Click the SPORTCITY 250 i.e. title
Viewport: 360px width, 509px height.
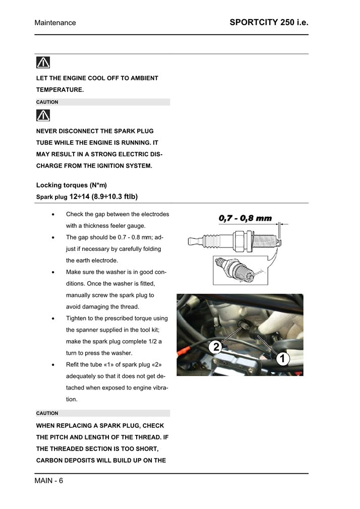click(269, 22)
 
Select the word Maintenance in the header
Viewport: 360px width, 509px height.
click(55, 23)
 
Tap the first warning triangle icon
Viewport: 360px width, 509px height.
click(43, 62)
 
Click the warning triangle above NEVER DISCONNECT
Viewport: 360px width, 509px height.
click(43, 116)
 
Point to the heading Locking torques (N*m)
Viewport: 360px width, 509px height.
click(72, 185)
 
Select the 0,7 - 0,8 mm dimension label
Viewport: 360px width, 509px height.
click(245, 218)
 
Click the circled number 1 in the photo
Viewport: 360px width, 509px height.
click(282, 359)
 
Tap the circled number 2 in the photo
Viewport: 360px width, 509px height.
click(216, 346)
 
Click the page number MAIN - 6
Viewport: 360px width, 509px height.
click(49, 480)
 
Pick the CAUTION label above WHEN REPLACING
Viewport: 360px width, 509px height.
click(47, 413)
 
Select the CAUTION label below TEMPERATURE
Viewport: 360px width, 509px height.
click(47, 102)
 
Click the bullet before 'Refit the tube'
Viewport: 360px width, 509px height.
click(54, 365)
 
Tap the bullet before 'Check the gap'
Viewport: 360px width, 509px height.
click(54, 215)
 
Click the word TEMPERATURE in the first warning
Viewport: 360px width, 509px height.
click(59, 90)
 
